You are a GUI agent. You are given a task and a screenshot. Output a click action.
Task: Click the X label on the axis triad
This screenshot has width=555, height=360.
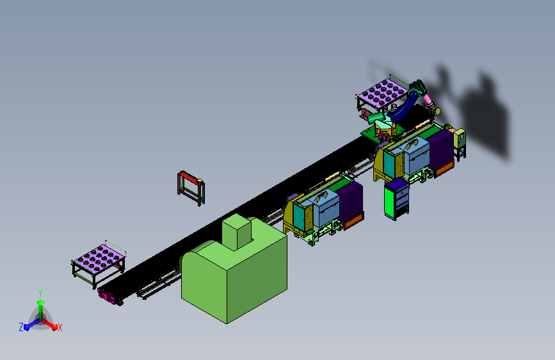pyautogui.click(x=60, y=327)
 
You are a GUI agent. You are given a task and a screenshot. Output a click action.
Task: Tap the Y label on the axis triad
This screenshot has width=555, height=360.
pyautogui.click(x=40, y=293)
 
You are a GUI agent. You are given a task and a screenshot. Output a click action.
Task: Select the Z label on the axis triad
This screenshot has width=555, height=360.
pyautogui.click(x=21, y=327)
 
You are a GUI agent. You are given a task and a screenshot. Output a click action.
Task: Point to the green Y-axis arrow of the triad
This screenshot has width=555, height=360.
pyautogui.click(x=41, y=309)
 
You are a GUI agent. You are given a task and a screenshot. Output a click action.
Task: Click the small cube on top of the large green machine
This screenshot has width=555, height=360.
pyautogui.click(x=237, y=231)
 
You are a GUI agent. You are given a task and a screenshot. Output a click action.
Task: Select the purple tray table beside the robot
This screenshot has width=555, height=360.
pyautogui.click(x=382, y=93)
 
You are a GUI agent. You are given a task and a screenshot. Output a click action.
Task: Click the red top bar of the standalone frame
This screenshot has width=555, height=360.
pyautogui.click(x=190, y=177)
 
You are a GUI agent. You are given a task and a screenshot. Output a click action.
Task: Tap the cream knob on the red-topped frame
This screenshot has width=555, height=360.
pyautogui.click(x=200, y=181)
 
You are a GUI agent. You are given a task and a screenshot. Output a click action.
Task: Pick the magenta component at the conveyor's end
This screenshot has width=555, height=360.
pyautogui.click(x=109, y=297)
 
